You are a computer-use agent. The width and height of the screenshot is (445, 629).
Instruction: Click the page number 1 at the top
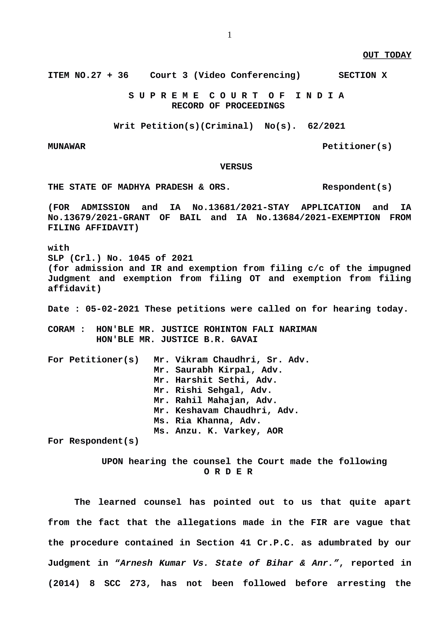pos(229,35)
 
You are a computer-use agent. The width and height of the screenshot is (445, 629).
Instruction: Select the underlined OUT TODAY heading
pos(387,55)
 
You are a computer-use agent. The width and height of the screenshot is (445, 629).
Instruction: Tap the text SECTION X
pos(362,75)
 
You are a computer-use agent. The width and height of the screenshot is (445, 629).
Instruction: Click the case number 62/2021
pos(326,126)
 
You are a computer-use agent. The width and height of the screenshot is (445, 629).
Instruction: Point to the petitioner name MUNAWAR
pos(67,147)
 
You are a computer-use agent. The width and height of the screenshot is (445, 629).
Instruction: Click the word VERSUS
pos(236,167)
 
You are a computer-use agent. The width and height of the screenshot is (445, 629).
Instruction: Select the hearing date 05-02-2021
pos(112,309)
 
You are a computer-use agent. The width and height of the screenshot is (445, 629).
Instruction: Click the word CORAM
pos(61,329)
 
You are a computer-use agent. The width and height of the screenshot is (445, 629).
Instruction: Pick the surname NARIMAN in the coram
pos(298,329)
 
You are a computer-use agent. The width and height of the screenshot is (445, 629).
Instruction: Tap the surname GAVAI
pos(244,340)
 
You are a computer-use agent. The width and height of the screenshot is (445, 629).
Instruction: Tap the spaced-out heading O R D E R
pos(228,472)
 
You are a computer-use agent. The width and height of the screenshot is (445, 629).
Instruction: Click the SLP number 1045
pos(139,258)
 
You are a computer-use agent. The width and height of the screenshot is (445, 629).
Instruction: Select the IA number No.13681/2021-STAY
pos(241,207)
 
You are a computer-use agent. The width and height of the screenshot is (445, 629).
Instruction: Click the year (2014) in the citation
pos(64,583)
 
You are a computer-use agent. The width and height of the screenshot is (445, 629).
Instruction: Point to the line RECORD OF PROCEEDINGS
pos(228,106)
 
